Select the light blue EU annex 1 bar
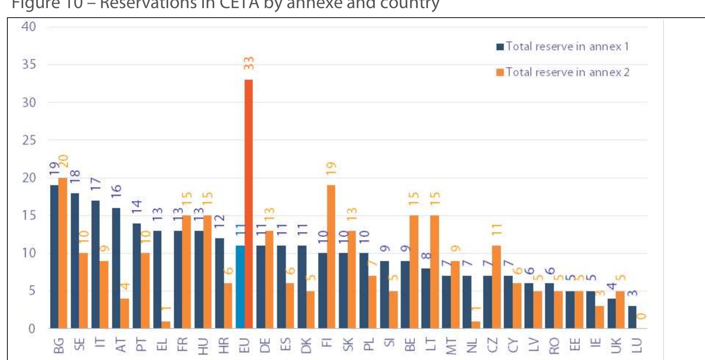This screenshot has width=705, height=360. point(240,287)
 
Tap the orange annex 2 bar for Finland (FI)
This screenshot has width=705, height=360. point(331,257)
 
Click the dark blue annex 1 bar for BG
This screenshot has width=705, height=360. point(54,257)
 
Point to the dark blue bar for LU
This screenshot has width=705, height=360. point(632,317)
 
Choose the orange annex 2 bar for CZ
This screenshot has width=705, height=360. point(496,287)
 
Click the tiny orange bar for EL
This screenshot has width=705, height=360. point(166,325)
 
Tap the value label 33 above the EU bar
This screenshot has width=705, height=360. point(249,63)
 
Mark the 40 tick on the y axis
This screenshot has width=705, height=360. point(29,27)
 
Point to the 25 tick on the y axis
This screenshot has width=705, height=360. point(29,140)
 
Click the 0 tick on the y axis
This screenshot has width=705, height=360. point(32,328)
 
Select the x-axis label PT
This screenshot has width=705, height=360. point(141,345)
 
